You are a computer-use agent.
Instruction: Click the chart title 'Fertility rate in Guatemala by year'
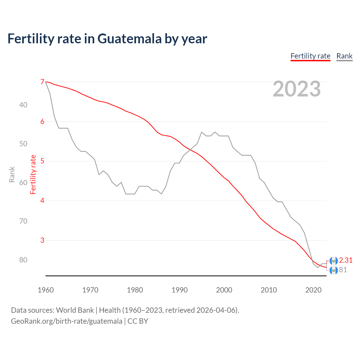pos(107,39)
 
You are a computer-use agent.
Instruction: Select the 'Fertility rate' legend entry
pos(310,56)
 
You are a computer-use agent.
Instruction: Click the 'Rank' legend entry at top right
pos(344,56)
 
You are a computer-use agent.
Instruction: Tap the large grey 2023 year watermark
pos(296,89)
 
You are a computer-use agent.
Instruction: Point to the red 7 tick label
pos(42,82)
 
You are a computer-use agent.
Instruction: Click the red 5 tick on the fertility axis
pos(42,161)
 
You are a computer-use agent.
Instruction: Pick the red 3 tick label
pos(42,240)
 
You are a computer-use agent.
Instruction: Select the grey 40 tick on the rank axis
pos(23,105)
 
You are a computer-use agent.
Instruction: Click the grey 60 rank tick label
pos(23,183)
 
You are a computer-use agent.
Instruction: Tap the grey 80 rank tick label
pos(23,260)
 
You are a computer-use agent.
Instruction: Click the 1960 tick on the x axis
pos(46,290)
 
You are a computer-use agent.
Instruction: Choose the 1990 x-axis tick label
pos(179,290)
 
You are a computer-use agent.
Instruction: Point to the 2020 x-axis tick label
pos(313,290)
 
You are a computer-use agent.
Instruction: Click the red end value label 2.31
pos(346,260)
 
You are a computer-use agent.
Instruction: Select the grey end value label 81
pos(343,270)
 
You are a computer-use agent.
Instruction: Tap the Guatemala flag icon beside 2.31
pos(334,261)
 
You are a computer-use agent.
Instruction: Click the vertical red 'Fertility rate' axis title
pos(33,174)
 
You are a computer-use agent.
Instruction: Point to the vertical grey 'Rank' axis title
pos(12,174)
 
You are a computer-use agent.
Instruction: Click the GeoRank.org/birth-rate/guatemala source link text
pos(67,321)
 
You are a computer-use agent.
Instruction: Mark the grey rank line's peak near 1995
pos(202,132)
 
